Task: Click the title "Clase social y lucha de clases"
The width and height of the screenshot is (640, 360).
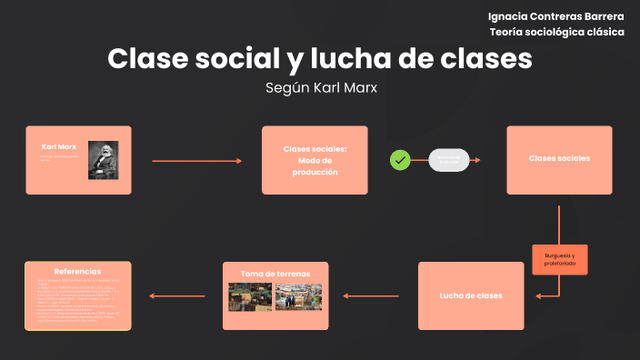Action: [x=319, y=59]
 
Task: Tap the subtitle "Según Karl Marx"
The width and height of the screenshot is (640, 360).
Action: [x=320, y=88]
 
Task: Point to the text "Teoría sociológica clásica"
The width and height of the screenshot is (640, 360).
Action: [x=556, y=32]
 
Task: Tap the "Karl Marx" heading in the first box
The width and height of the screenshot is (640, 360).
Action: [x=59, y=145]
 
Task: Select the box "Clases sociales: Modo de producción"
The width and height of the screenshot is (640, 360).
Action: [x=315, y=160]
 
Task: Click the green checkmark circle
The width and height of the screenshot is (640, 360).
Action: [x=399, y=160]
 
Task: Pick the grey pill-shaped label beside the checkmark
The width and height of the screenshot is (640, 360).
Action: [x=448, y=160]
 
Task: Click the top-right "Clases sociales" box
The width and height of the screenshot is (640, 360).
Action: [x=559, y=159]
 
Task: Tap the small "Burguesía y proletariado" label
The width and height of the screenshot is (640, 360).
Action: [x=559, y=260]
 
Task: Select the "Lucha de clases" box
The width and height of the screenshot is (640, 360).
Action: [x=470, y=296]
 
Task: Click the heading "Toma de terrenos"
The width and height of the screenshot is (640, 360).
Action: [x=275, y=273]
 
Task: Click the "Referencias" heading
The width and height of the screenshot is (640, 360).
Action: [x=77, y=271]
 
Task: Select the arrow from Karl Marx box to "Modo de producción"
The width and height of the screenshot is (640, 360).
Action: [x=196, y=161]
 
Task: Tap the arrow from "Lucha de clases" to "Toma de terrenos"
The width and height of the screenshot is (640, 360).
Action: [x=373, y=295]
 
